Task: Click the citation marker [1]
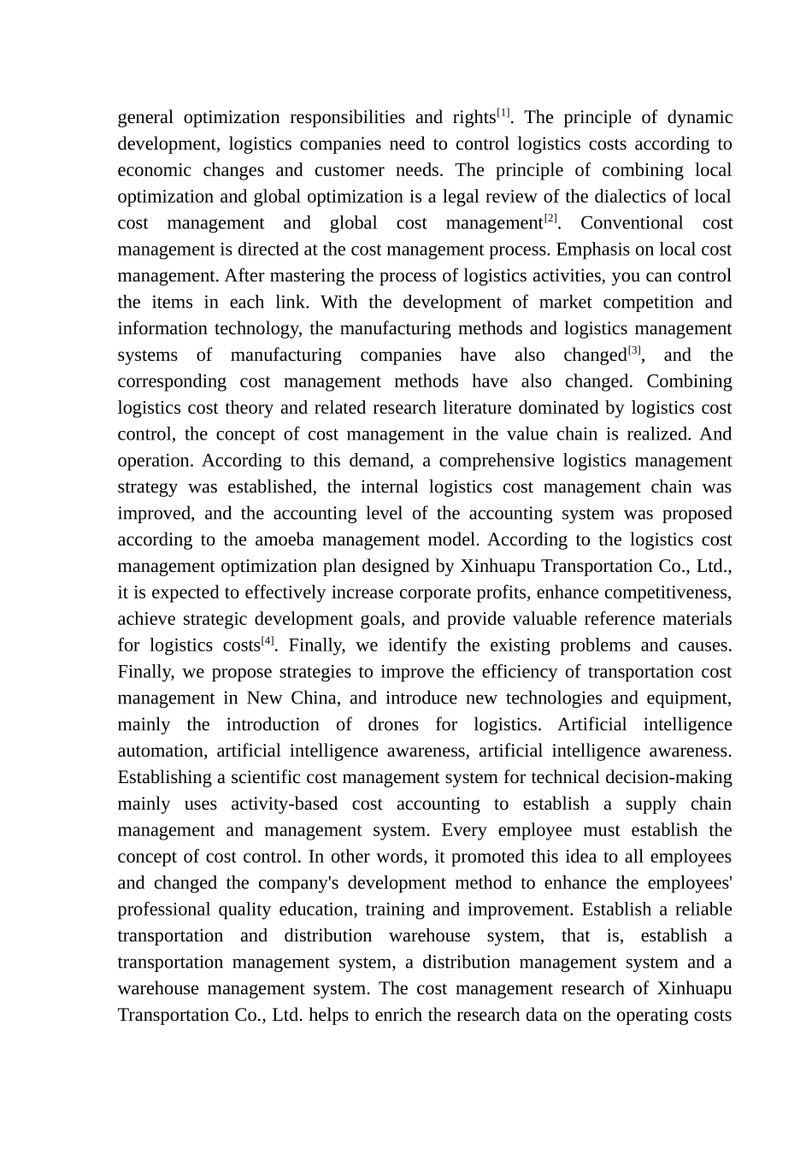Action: [504, 113]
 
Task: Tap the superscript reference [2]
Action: [550, 219]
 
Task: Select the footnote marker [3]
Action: [634, 351]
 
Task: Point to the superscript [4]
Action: [268, 641]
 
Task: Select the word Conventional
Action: [632, 223]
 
